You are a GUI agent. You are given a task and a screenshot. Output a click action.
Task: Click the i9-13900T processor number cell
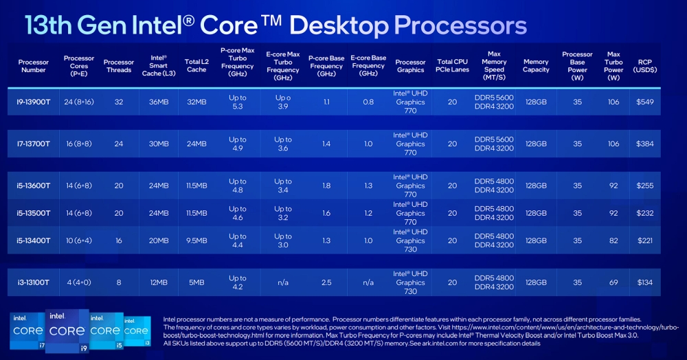[33, 102]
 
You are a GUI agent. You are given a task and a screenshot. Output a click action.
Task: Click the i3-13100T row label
[33, 282]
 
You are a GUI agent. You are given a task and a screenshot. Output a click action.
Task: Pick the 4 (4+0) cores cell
[79, 282]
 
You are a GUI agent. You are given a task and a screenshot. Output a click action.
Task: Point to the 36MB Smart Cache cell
[159, 102]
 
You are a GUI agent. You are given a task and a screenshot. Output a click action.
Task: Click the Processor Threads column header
[119, 66]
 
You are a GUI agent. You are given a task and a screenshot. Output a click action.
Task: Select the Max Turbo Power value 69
[613, 282]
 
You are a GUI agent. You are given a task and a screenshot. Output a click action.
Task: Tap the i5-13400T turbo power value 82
[613, 240]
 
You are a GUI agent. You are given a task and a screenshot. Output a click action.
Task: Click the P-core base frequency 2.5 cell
[326, 282]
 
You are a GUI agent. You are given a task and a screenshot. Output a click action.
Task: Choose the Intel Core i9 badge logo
[67, 330]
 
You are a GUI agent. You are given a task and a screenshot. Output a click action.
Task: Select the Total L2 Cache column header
[196, 66]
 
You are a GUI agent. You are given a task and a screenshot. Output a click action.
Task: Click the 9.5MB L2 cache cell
[196, 240]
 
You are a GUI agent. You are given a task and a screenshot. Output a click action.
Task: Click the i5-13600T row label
[33, 185]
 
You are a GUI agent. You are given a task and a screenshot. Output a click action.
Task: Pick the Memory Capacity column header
[536, 66]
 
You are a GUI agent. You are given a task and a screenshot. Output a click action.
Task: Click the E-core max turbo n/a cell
[283, 282]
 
